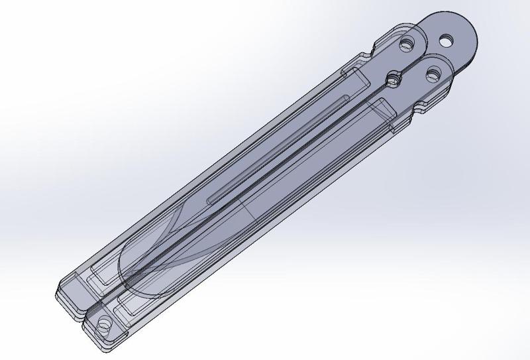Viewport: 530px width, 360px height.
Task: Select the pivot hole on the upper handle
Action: coord(406,44)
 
